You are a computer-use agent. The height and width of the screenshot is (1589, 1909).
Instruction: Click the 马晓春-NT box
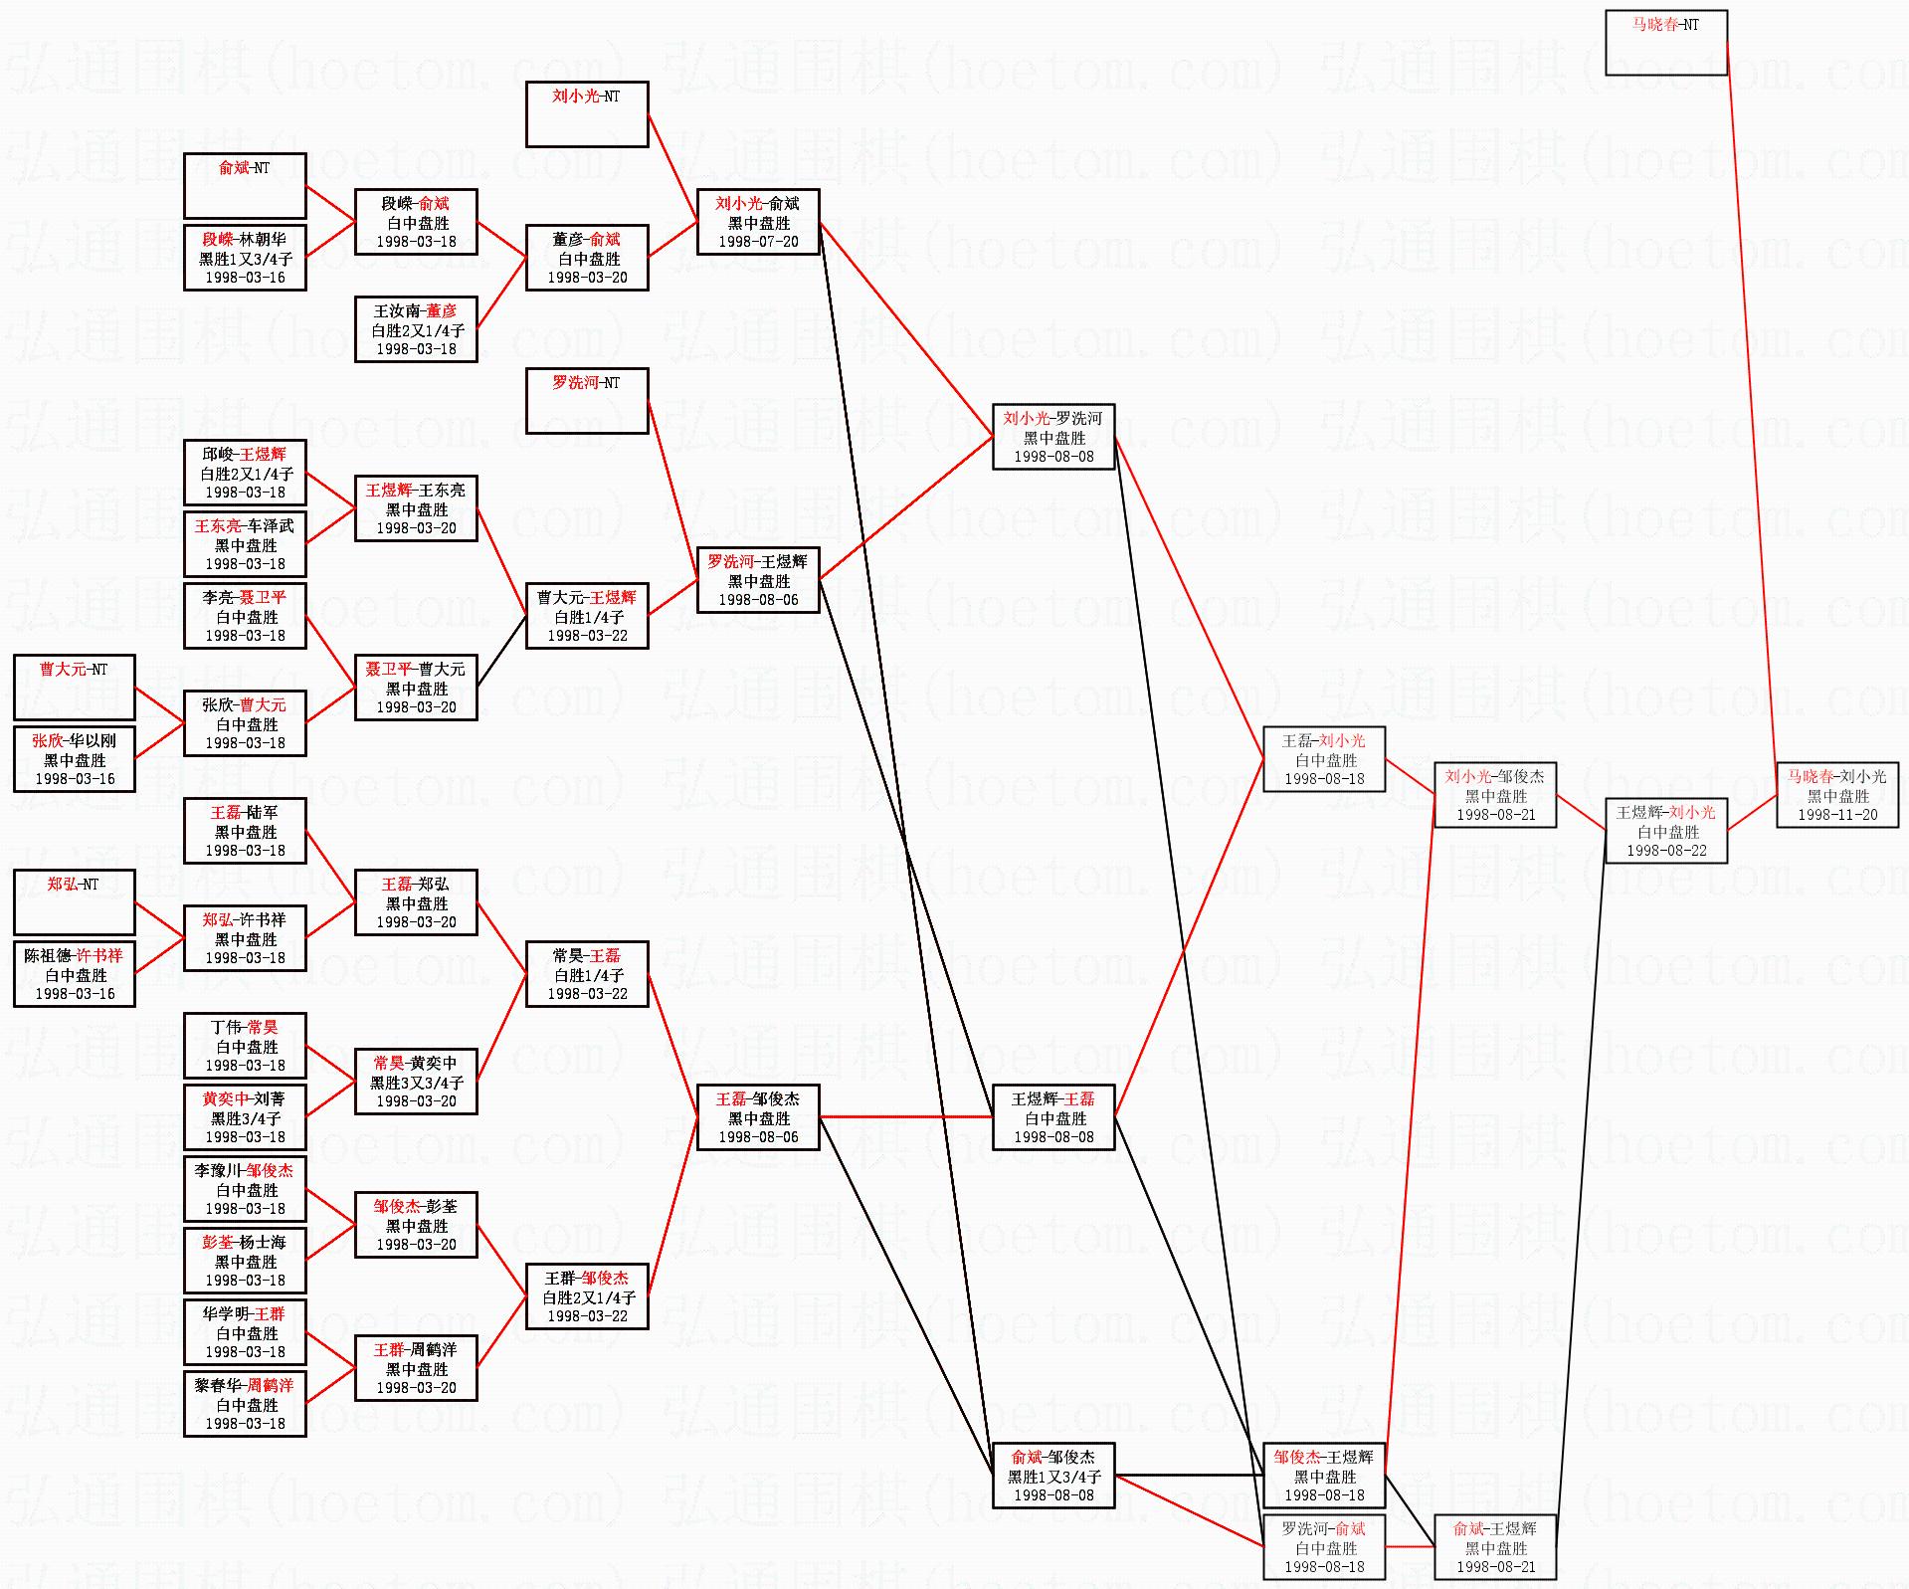[1665, 43]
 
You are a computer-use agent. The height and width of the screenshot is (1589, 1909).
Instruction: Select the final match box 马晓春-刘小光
[1836, 795]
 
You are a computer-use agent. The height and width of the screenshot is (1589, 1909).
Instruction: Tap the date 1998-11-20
[1836, 815]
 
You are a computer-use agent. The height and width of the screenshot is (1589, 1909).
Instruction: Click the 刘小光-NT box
[587, 114]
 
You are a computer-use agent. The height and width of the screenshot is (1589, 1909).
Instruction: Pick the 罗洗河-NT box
[587, 401]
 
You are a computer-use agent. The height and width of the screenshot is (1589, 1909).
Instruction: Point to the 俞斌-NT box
[245, 186]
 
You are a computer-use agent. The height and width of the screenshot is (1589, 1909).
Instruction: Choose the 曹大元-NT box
[74, 688]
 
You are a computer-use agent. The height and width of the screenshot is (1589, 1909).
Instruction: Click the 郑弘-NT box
[74, 902]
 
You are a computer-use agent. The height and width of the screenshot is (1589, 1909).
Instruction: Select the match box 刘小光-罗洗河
[1053, 437]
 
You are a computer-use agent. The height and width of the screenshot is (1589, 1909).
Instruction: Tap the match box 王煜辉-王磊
[1053, 1117]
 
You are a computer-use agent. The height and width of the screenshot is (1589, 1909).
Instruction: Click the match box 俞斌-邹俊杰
[1053, 1476]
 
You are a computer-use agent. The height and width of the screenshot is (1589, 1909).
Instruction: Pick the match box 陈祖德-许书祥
[74, 974]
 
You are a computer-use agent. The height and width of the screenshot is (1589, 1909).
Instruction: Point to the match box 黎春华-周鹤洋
[245, 1404]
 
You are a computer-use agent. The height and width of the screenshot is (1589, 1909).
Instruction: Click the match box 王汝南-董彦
[416, 329]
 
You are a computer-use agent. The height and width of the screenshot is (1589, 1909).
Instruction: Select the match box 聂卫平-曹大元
[416, 688]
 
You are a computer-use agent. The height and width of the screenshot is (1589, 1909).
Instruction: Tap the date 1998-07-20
[758, 242]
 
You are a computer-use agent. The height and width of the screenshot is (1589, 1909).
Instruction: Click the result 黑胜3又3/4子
[416, 1083]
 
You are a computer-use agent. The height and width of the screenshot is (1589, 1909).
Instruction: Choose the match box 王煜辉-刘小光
[1665, 831]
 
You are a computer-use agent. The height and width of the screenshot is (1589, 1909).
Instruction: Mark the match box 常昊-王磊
[587, 974]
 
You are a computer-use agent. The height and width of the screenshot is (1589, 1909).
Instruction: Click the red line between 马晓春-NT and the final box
[1751, 398]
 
